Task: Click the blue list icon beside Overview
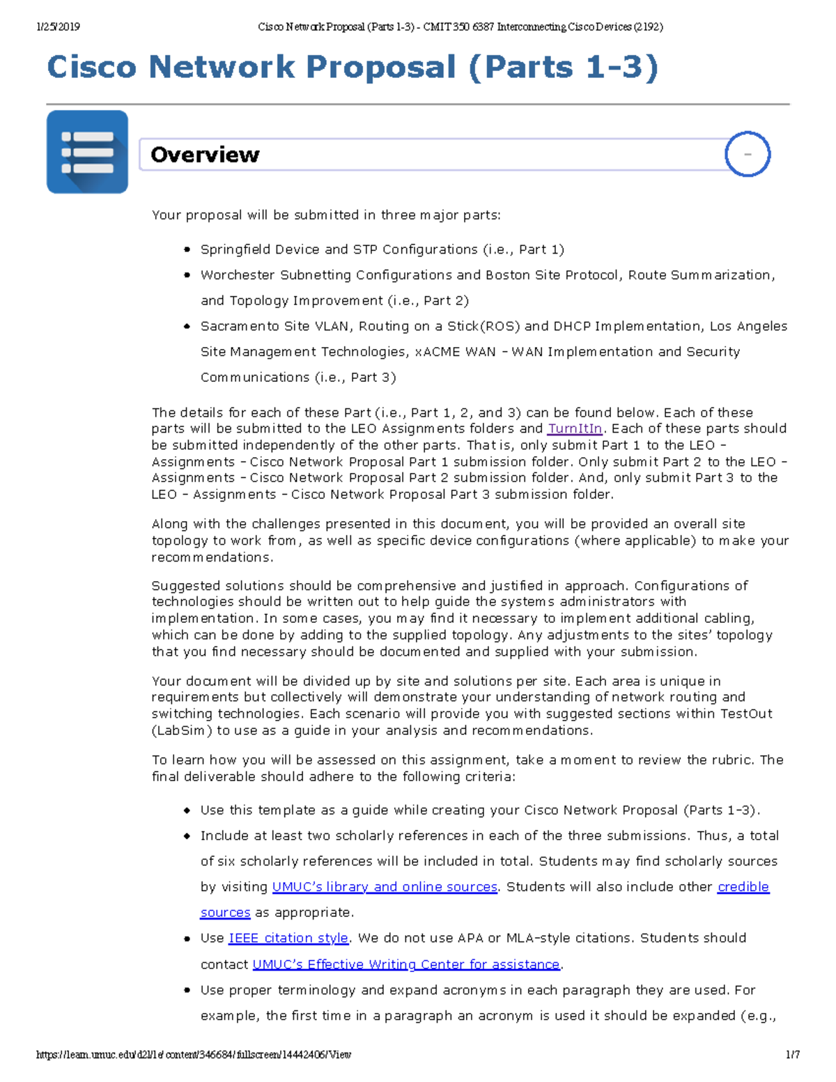[87, 152]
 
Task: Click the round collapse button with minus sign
[747, 154]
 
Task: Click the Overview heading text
[205, 155]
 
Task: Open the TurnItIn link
[575, 428]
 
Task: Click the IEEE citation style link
[288, 938]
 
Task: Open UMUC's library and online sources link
[385, 887]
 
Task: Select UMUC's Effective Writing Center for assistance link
[406, 964]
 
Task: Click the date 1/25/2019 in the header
[58, 27]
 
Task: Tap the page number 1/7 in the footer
[792, 1055]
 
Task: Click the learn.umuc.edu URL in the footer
[194, 1055]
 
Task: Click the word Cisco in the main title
[92, 68]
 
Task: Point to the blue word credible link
[743, 887]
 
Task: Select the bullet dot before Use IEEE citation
[187, 939]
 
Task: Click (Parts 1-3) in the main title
[563, 68]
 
